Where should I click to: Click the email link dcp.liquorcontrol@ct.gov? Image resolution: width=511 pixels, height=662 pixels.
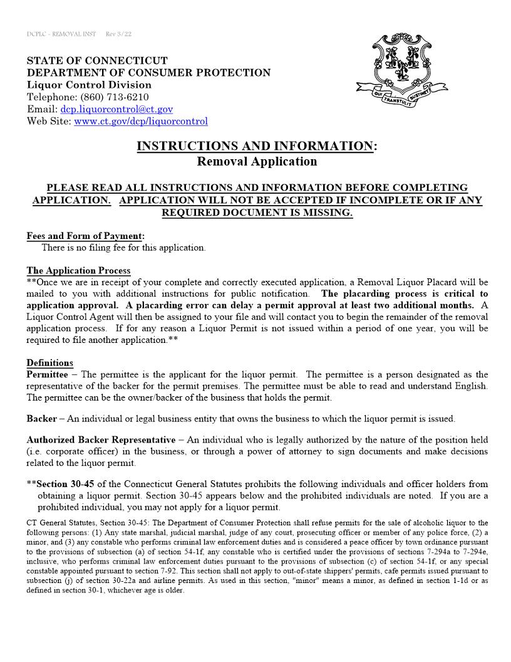[x=116, y=109]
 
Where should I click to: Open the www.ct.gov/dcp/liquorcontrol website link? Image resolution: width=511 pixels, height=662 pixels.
[x=141, y=121]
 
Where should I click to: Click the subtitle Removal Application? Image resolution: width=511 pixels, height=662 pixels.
[x=257, y=161]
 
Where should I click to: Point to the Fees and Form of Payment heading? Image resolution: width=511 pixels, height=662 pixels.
[x=85, y=236]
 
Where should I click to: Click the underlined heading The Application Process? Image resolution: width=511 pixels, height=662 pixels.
[x=78, y=271]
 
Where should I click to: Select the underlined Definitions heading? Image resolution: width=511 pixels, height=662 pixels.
[x=49, y=362]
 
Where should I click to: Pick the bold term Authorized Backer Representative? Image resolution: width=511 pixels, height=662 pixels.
[x=101, y=440]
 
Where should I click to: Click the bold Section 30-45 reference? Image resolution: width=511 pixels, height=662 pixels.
[x=66, y=484]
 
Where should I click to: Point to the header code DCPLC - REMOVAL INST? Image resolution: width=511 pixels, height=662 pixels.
[x=61, y=34]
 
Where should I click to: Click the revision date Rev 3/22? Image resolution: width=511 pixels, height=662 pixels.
[x=118, y=34]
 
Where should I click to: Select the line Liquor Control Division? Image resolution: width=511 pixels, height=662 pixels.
[x=89, y=85]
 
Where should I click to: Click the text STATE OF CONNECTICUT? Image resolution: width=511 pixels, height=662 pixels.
[x=97, y=61]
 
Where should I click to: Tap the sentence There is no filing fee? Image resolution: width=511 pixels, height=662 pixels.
[x=123, y=248]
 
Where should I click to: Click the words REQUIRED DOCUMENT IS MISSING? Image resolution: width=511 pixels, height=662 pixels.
[x=257, y=213]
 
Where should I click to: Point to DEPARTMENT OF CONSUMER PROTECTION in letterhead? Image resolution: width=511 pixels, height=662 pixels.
[x=148, y=73]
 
